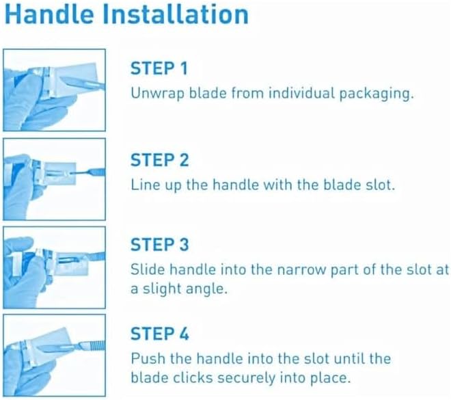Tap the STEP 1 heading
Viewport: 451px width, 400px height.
[x=159, y=70]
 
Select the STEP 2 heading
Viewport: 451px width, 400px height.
[x=159, y=161]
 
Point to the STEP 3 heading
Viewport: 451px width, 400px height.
[x=159, y=245]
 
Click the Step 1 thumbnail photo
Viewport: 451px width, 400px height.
[x=54, y=90]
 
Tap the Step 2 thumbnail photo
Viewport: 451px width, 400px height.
[x=54, y=178]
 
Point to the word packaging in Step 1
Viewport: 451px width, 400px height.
[x=379, y=94]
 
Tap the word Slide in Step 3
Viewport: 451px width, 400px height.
[x=146, y=269]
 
